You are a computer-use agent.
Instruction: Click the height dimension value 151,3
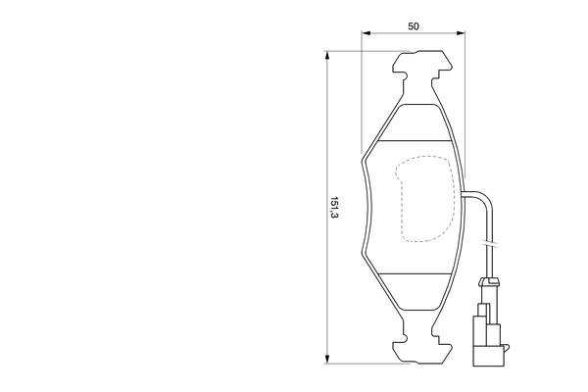334,208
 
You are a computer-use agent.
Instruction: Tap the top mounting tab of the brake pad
421,70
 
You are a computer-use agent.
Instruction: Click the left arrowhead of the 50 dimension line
366,34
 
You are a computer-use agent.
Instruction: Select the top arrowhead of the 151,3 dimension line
326,57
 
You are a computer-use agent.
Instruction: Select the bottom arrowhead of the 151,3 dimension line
326,358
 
